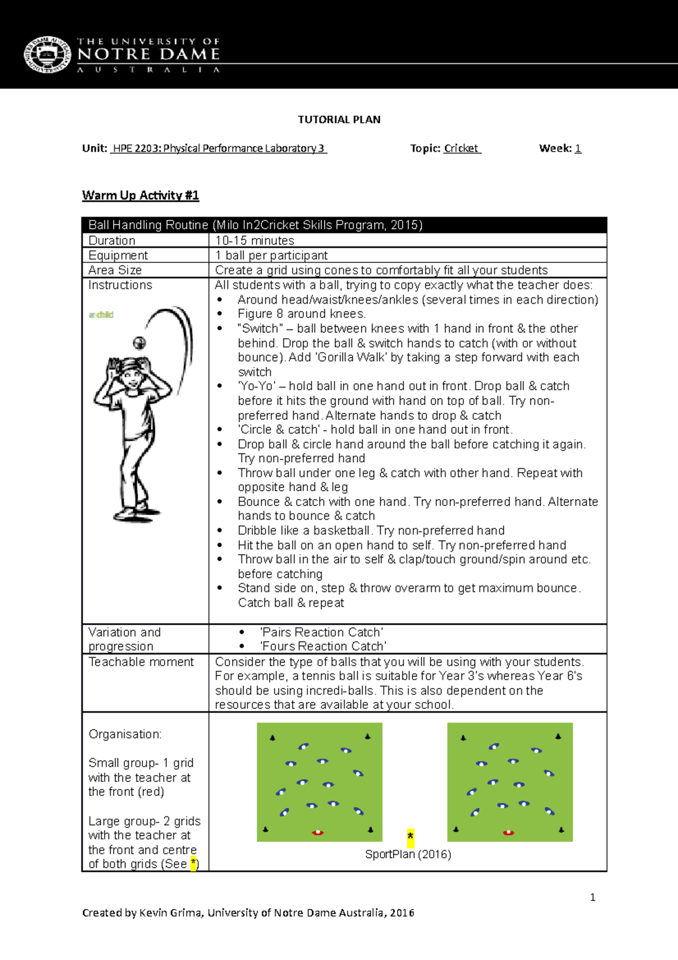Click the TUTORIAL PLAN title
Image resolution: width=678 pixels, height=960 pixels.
pyautogui.click(x=339, y=120)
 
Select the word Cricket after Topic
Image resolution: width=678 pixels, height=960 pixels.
pyautogui.click(x=461, y=149)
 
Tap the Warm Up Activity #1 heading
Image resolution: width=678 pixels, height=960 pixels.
pyautogui.click(x=140, y=196)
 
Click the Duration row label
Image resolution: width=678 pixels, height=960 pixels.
pyautogui.click(x=112, y=241)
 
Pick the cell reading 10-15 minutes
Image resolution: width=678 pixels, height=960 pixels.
pyautogui.click(x=255, y=241)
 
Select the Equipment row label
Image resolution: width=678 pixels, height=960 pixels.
pyautogui.click(x=118, y=256)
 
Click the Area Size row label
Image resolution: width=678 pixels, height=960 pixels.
pyautogui.click(x=115, y=270)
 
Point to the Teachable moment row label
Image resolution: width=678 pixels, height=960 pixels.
pyautogui.click(x=141, y=662)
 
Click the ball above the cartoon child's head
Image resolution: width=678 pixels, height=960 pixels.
pyautogui.click(x=140, y=342)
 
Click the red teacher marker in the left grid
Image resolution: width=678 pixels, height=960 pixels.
pyautogui.click(x=318, y=832)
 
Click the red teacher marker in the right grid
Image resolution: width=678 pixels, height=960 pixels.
pyautogui.click(x=508, y=832)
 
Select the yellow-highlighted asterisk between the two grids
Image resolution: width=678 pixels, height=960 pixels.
pyautogui.click(x=410, y=836)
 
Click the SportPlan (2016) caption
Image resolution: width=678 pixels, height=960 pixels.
pyautogui.click(x=408, y=854)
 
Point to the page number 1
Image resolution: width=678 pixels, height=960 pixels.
pyautogui.click(x=592, y=897)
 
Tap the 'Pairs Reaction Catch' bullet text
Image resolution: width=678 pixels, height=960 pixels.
pyautogui.click(x=321, y=632)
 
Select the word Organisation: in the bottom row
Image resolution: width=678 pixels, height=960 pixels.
pyautogui.click(x=125, y=734)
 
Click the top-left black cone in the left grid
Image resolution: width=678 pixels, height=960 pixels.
pyautogui.click(x=273, y=737)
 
